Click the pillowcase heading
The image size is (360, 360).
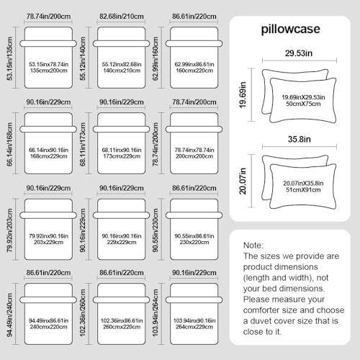click(290, 30)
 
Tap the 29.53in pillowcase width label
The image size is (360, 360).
click(299, 53)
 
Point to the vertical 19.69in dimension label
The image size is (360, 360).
click(243, 95)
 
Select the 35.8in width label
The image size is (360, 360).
click(300, 139)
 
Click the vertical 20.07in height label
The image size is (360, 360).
click(243, 181)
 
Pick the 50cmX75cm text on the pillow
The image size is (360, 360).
click(303, 104)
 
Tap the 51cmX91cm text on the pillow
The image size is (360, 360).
click(303, 190)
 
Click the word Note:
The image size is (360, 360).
click(253, 246)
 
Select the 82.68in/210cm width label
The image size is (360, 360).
click(122, 17)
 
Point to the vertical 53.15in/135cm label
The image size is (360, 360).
click(9, 58)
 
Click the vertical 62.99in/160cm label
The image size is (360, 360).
click(156, 58)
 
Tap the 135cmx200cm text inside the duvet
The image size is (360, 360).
click(48, 71)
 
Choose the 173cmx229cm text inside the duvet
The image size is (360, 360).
click(122, 156)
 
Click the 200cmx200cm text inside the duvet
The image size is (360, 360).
click(194, 156)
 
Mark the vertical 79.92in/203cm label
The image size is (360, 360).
click(9, 230)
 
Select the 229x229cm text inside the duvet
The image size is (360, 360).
click(122, 242)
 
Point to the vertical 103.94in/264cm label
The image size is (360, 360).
click(156, 312)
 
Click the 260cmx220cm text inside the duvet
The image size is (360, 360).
click(122, 327)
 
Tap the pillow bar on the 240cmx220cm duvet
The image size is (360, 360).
click(48, 300)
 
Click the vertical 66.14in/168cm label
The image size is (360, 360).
click(9, 144)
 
